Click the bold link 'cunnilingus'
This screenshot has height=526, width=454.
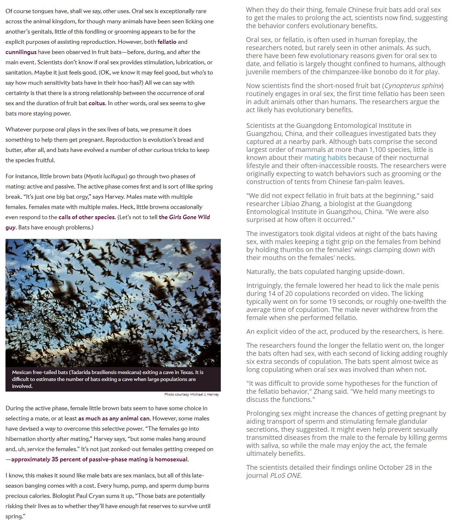click(x=21, y=52)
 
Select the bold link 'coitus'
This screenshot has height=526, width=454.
click(x=97, y=103)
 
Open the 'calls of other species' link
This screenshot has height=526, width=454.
click(x=87, y=217)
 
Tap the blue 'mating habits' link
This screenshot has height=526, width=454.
click(x=325, y=158)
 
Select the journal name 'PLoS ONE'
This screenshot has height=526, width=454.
click(x=285, y=476)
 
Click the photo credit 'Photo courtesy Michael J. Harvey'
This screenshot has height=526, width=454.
click(x=192, y=394)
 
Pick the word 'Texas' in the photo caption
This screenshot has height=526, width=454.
click(x=185, y=372)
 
